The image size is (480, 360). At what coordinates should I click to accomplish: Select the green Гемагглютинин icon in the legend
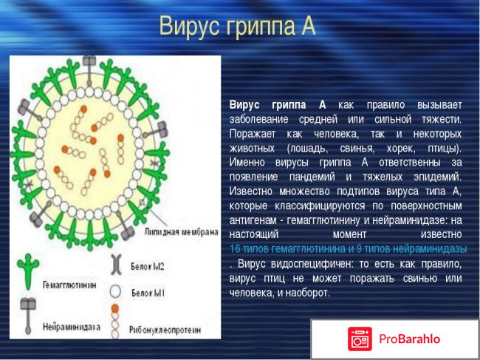click(x=30, y=265)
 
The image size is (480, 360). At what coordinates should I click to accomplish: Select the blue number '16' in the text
click(x=236, y=248)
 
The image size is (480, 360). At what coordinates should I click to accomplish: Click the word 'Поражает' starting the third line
click(x=252, y=134)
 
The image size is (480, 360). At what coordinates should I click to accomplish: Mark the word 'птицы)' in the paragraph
click(x=445, y=148)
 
